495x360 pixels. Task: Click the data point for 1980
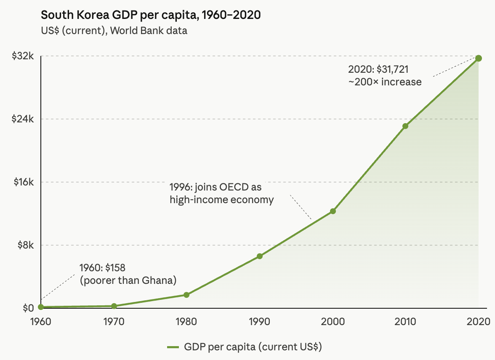186,295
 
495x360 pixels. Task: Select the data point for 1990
260,256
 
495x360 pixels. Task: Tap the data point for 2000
333,211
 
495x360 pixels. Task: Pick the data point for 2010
405,126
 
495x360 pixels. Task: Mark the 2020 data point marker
479,58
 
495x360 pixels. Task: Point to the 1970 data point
114,306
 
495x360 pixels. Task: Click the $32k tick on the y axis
22,56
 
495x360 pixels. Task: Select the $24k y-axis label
22,119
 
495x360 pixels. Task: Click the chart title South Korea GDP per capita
151,16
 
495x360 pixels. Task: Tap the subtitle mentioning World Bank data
114,31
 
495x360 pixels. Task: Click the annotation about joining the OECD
221,193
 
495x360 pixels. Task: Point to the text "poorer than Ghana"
128,280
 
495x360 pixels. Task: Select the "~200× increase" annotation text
385,82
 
